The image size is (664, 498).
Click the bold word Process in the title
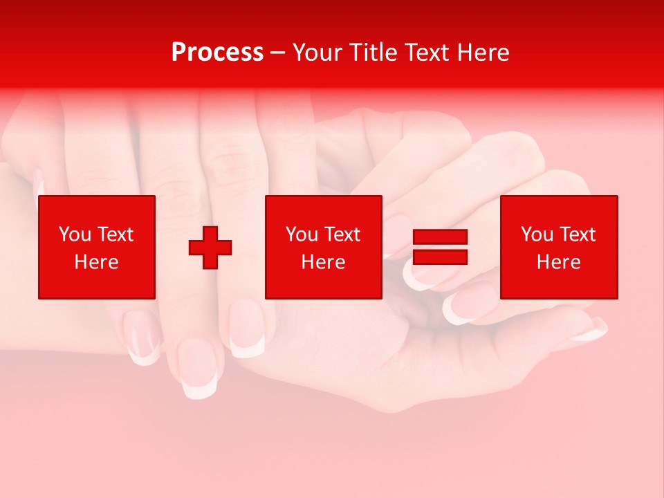tap(217, 53)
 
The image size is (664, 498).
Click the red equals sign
tap(440, 248)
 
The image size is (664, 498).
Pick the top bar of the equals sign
tap(440, 237)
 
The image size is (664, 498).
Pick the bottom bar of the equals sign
tap(440, 257)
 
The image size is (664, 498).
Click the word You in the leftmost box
tap(75, 234)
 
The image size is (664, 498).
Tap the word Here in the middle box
tap(323, 262)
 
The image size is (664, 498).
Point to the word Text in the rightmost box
tap(576, 234)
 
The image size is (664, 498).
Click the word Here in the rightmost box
tap(558, 262)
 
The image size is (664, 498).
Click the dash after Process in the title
tap(277, 53)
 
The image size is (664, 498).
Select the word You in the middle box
tap(302, 234)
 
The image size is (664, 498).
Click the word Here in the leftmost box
tap(96, 262)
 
